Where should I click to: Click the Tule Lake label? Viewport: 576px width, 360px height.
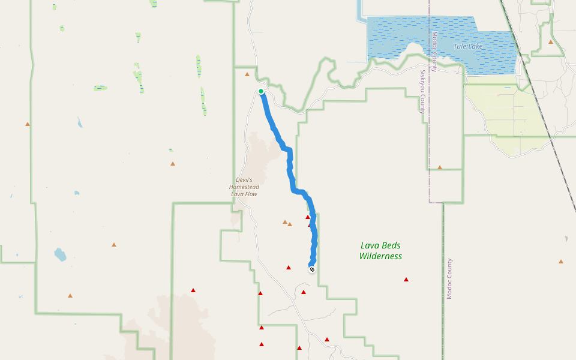468,46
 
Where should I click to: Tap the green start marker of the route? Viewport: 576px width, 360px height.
261,91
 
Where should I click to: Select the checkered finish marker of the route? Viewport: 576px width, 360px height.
312,269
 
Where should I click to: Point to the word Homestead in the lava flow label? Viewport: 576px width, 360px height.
244,187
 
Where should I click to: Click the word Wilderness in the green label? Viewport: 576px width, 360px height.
380,256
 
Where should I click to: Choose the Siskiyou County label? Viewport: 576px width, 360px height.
422,92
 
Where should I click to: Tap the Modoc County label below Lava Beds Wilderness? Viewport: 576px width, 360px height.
449,279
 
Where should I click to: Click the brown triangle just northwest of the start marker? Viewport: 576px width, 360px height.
247,75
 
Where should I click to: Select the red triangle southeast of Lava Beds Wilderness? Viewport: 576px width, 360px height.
406,280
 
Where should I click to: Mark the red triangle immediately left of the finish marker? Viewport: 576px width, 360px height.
289,268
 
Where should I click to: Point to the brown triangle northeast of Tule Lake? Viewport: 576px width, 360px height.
551,42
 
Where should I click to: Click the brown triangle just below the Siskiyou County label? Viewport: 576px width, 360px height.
440,167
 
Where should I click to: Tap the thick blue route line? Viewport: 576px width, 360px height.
290,168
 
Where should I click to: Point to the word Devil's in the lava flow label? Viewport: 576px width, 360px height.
244,180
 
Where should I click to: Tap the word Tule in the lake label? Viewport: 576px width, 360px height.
460,46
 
